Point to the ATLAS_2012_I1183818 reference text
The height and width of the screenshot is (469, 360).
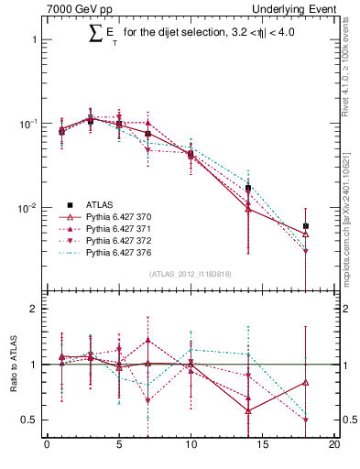point(191,273)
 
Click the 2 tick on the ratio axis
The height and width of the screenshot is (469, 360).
point(34,310)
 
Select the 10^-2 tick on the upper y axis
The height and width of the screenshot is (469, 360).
point(27,209)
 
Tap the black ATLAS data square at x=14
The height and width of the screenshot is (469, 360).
point(248,188)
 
